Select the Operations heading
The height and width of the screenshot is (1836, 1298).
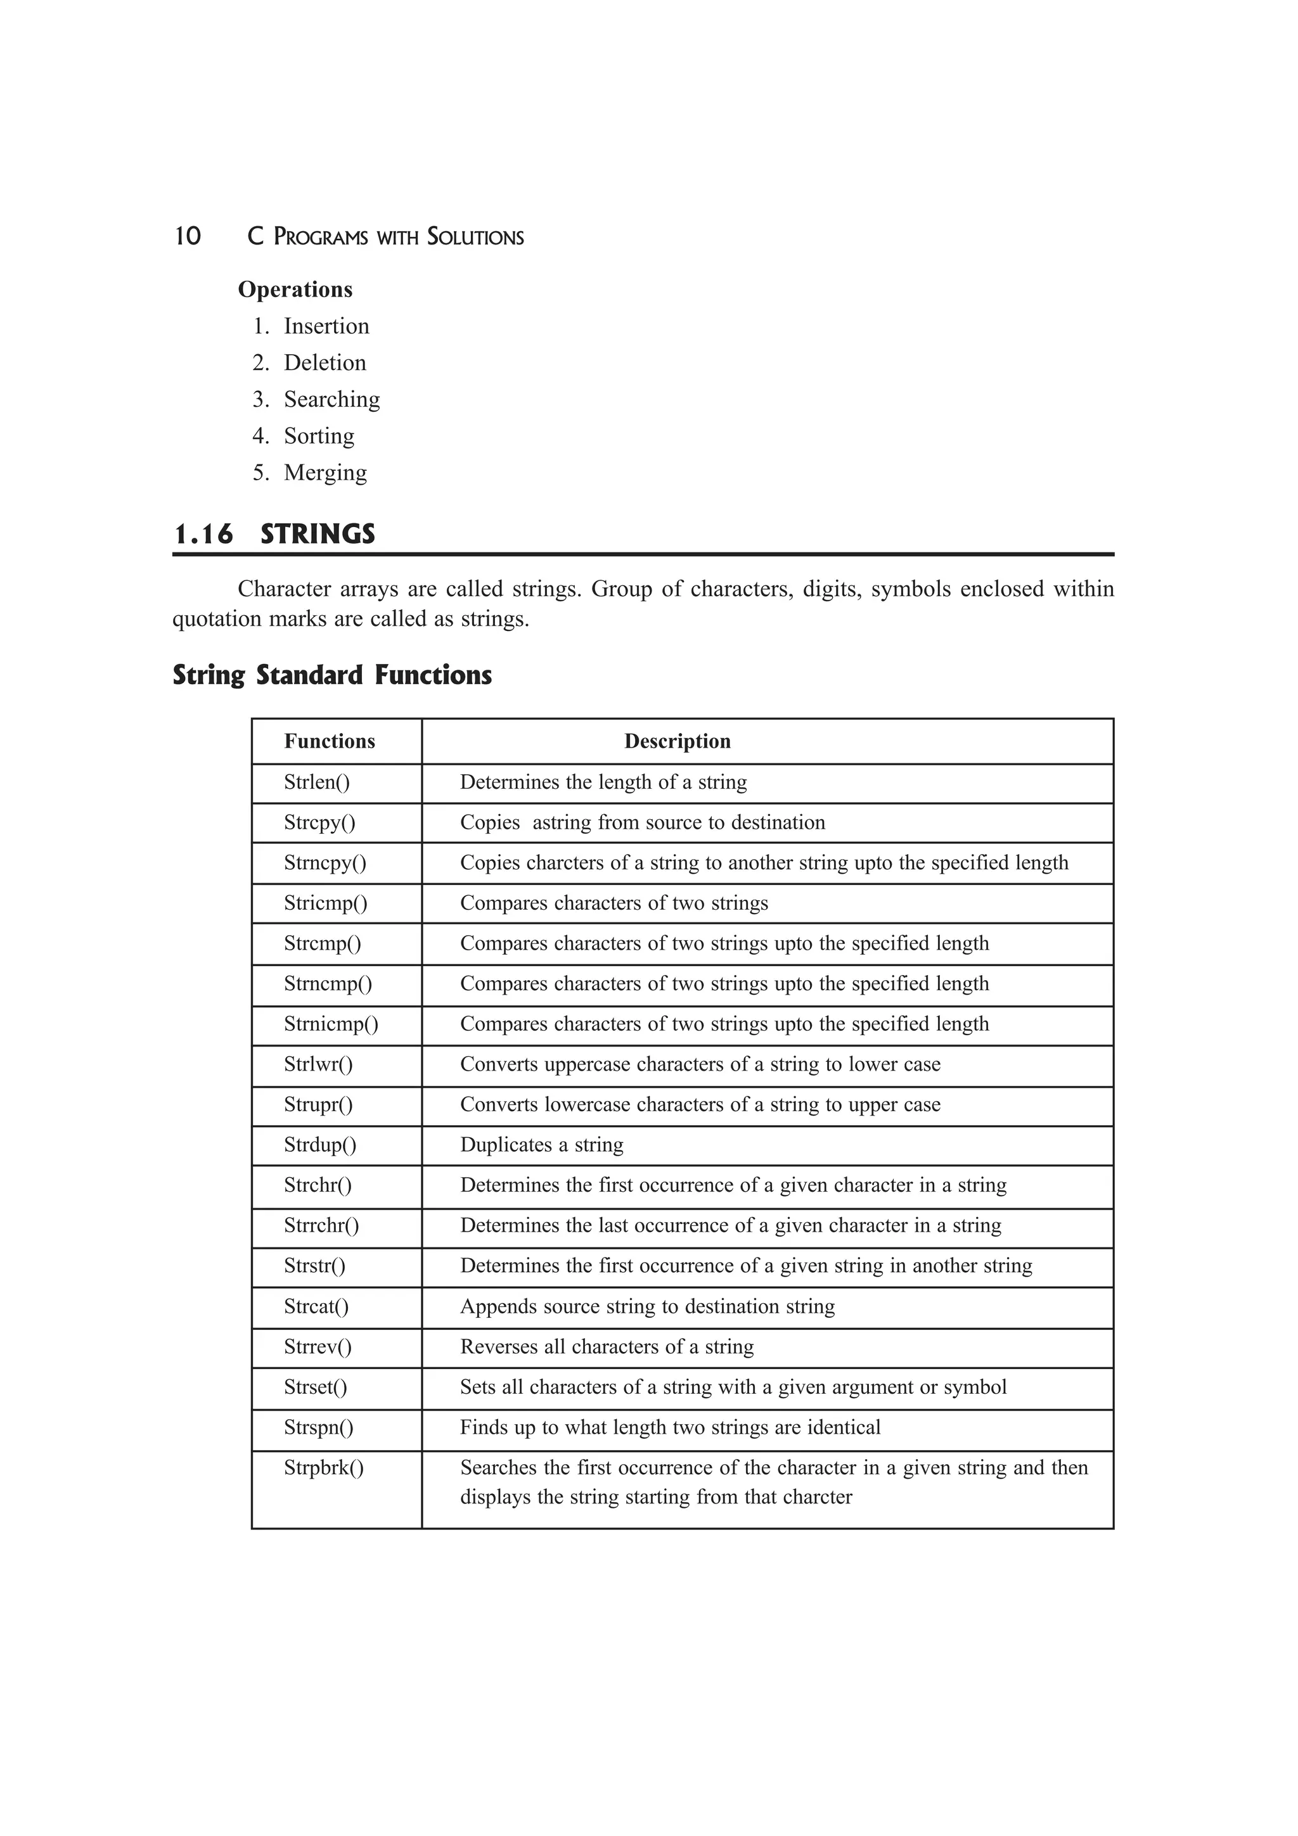coord(295,290)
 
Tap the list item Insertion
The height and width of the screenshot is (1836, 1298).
coord(326,326)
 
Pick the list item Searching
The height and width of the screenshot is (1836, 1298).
coord(331,399)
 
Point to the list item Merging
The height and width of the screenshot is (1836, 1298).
coord(324,473)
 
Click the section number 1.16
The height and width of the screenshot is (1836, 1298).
coord(203,534)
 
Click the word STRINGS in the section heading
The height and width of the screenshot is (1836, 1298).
coord(318,534)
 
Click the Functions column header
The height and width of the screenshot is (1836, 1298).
coord(330,741)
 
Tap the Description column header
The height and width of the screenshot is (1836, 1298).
coord(678,741)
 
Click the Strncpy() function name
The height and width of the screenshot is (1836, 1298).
coord(324,863)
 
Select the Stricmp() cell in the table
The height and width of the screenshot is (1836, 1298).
coord(326,903)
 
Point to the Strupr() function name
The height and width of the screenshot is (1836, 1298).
coord(318,1104)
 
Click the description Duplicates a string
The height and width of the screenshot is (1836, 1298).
coord(541,1145)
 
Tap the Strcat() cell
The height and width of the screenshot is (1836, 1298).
coord(317,1306)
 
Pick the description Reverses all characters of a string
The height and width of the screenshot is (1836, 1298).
coord(606,1347)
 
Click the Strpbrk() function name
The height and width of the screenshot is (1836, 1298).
coord(324,1468)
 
